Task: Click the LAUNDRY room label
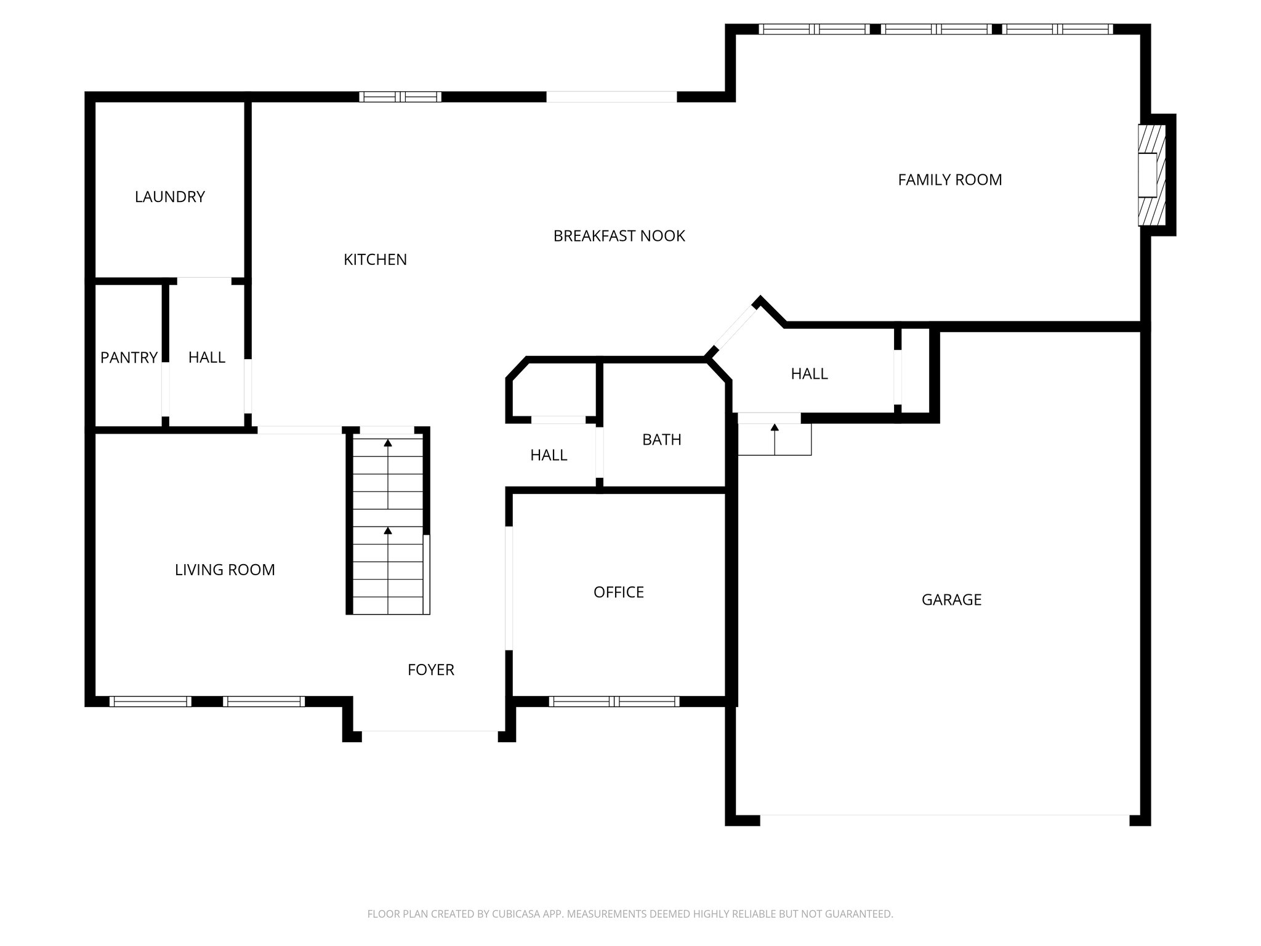point(169,197)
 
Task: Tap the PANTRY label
point(129,358)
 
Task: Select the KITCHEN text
point(375,260)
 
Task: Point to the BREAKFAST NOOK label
point(619,236)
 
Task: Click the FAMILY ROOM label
point(949,180)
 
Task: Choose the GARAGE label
point(951,600)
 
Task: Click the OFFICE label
point(618,592)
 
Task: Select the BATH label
point(661,440)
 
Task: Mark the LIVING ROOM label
point(225,570)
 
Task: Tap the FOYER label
point(430,670)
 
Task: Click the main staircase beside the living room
point(388,524)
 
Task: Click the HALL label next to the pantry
point(206,358)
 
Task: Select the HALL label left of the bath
point(548,456)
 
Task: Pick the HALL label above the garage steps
point(809,374)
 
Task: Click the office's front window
point(614,701)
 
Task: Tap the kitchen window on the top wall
point(400,97)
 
